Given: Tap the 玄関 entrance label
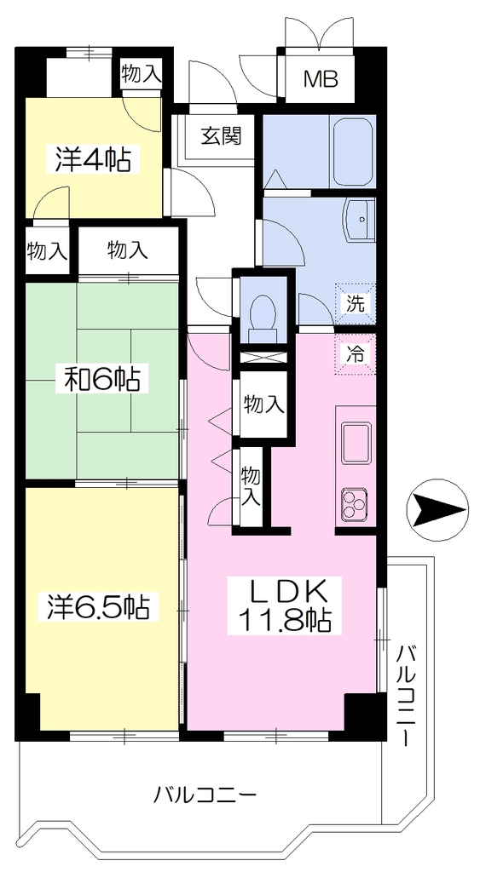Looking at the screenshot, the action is point(221,135).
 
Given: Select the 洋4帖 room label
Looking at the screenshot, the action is point(93,160).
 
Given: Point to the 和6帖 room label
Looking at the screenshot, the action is point(101,381).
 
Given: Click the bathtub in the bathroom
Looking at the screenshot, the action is point(352,152).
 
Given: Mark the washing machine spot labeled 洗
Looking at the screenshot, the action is point(355,304).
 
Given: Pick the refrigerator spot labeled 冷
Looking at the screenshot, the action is point(355,354).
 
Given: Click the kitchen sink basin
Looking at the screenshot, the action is point(356,443).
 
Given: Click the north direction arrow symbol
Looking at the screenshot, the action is point(437,510).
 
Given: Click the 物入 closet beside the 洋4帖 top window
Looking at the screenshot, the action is point(142,76).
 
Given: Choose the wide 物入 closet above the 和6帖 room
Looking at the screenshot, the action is point(129,251).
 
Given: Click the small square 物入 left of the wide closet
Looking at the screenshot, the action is point(48,252).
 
